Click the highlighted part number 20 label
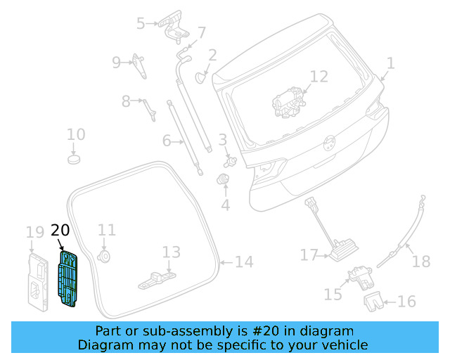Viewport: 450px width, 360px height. click(60, 231)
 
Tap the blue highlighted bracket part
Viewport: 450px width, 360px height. click(67, 279)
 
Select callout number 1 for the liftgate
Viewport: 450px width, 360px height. click(390, 64)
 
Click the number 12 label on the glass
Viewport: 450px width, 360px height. click(319, 76)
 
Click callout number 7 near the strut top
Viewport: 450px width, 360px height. click(202, 32)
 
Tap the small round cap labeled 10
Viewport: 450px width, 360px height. click(76, 159)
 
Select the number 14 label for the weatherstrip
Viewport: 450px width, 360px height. click(243, 262)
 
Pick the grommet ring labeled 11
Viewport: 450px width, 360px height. click(105, 256)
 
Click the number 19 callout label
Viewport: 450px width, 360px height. click(34, 232)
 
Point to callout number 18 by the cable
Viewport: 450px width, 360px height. click(420, 262)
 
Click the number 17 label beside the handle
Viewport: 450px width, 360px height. click(309, 255)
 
